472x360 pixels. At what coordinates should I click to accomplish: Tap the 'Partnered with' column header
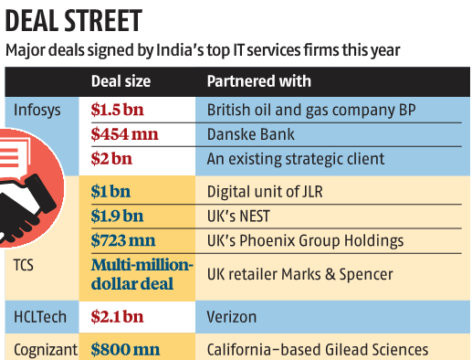click(x=259, y=81)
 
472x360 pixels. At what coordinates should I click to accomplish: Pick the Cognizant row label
click(x=46, y=348)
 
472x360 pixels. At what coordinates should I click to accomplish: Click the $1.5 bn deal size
click(x=119, y=109)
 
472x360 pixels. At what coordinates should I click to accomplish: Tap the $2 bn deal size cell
click(x=111, y=159)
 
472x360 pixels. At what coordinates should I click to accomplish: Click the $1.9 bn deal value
click(x=117, y=217)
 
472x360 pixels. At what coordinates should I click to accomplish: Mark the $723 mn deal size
click(x=124, y=241)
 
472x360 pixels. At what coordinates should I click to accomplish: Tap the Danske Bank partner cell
click(x=249, y=133)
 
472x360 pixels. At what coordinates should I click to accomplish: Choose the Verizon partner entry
click(x=232, y=317)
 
